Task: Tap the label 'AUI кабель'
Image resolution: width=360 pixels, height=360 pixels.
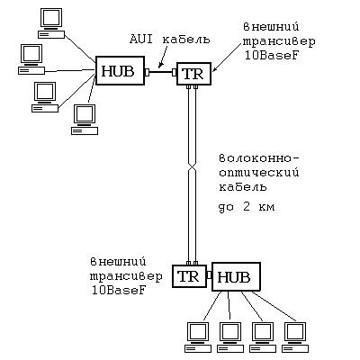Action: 170,40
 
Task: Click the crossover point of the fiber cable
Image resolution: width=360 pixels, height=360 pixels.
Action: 192,168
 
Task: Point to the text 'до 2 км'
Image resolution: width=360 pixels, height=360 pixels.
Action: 247,206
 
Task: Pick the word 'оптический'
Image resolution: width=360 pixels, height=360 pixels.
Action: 259,173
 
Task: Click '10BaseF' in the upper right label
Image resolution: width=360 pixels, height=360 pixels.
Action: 272,56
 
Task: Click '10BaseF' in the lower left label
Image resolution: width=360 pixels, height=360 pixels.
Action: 119,291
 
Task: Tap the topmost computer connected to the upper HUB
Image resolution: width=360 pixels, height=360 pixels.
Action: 51,23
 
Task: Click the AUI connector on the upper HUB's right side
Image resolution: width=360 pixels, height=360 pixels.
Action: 148,72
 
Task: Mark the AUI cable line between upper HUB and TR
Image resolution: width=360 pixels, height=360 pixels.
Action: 161,72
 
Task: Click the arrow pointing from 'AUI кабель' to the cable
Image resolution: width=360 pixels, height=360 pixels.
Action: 166,57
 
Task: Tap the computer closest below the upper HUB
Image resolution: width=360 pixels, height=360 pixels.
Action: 85,120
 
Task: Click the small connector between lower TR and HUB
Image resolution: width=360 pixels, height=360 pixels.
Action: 210,274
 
